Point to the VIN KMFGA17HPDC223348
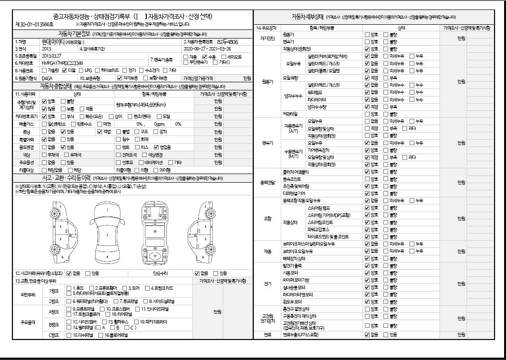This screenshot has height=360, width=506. coord(62,63)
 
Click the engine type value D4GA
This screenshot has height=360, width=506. coord(47,78)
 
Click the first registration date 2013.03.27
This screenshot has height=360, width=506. coord(52,56)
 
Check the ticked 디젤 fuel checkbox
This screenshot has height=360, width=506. coord(65,70)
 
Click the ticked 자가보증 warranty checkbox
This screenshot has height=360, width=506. coord(119,78)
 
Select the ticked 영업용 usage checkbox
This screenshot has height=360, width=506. coord(157,147)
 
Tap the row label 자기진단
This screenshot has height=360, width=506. coord(267,38)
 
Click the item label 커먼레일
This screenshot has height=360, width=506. coord(290,114)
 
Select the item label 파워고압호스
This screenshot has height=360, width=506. coord(322,229)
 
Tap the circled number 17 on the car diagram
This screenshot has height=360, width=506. coord(154,256)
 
